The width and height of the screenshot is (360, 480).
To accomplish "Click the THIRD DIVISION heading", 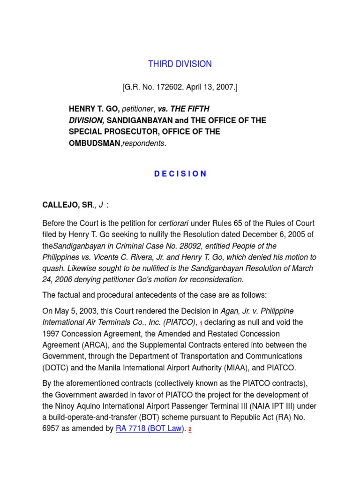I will [180, 64].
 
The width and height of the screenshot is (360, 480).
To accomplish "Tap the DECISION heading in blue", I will [180, 173].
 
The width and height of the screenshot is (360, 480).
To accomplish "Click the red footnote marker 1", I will [201, 324].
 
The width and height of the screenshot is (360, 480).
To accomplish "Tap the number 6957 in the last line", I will [52, 428].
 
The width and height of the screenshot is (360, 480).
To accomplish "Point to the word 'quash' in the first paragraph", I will [53, 269].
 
